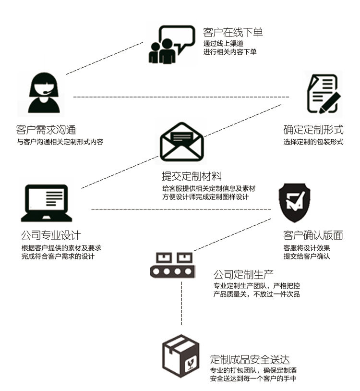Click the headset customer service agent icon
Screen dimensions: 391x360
click(x=44, y=93)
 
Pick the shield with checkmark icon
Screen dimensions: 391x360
click(x=294, y=203)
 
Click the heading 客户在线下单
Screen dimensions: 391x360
click(x=233, y=33)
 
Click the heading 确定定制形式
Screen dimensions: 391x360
click(x=313, y=130)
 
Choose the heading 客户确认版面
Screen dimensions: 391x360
click(x=313, y=236)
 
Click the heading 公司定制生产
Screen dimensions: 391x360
click(x=243, y=275)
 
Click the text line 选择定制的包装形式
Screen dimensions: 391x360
click(x=313, y=142)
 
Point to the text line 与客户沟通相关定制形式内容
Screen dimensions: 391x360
click(x=60, y=142)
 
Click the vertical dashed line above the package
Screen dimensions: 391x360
click(x=181, y=307)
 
